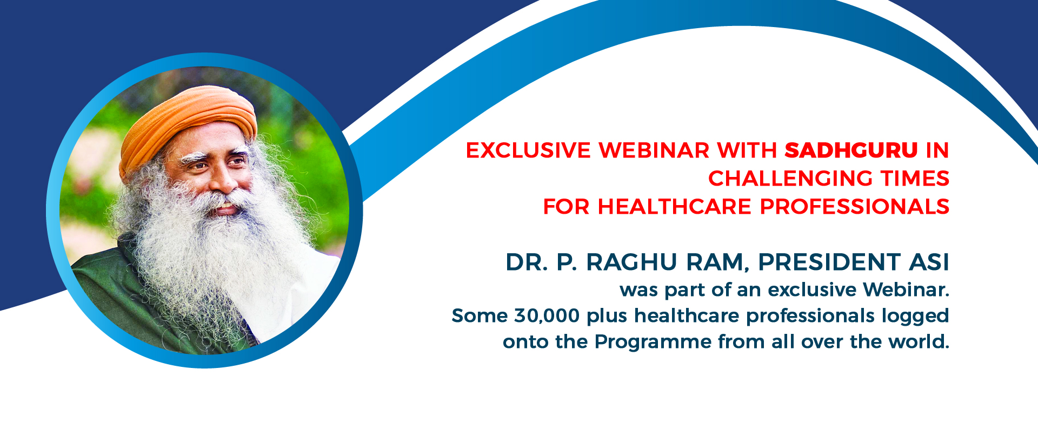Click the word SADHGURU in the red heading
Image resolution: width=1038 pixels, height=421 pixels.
[851, 150]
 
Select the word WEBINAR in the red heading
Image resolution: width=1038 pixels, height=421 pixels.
[654, 150]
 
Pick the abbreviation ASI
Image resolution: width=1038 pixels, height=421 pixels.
[929, 262]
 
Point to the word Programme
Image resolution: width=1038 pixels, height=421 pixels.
[653, 342]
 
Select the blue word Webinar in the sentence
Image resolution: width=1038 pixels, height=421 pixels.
[906, 290]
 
